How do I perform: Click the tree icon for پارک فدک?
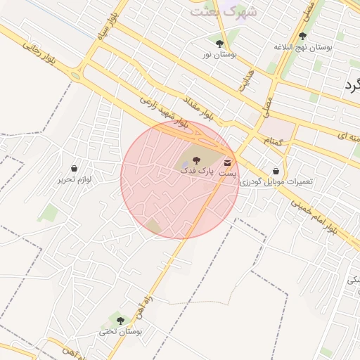(196, 160)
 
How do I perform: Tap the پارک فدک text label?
(193, 171)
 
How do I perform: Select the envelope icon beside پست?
(227, 163)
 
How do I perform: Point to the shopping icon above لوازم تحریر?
(75, 169)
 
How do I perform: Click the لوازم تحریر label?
(75, 179)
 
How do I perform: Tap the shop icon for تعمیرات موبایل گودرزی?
(276, 171)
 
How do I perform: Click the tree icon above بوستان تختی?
(120, 321)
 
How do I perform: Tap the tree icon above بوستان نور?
(220, 43)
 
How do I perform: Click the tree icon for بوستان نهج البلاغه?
(302, 36)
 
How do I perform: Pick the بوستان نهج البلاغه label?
(302, 47)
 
